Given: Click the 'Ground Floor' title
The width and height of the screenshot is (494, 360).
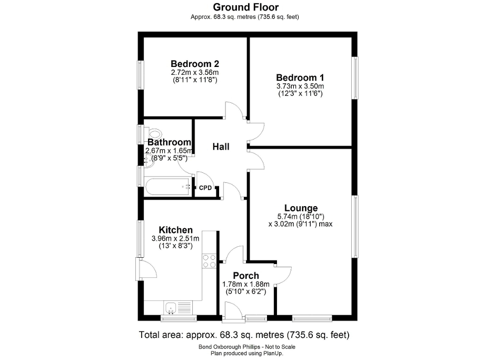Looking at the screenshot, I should [245, 7].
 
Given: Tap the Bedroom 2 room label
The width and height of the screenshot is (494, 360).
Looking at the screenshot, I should [195, 62].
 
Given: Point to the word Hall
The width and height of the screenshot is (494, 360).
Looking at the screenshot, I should [221, 147].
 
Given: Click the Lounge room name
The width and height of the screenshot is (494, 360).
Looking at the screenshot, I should [301, 208].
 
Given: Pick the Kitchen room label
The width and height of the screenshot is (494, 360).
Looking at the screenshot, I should [176, 230].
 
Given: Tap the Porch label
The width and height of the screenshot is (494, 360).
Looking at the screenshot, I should [246, 276].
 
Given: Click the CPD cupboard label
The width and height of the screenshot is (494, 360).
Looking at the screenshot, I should [205, 188].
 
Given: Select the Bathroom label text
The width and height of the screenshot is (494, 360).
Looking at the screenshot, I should [169, 142].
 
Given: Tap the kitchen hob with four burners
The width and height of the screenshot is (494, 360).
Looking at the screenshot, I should [209, 261].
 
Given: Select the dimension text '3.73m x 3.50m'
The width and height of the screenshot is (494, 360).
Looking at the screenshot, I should [300, 86].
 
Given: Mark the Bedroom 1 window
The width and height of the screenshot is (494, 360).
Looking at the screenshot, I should [356, 77].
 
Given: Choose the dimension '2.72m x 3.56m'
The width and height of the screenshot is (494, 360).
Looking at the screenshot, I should [195, 72].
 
